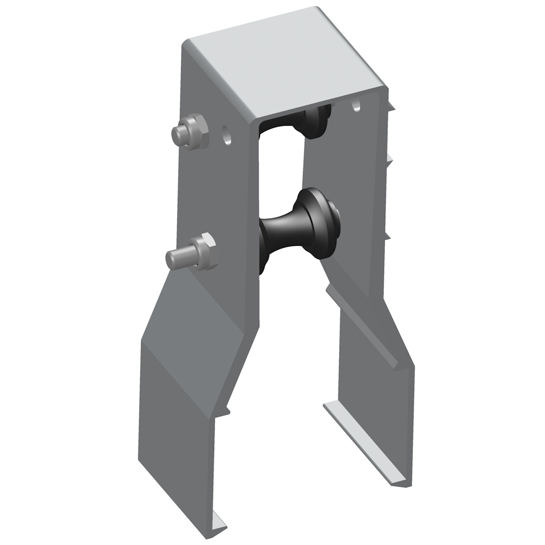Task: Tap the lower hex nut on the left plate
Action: pyautogui.click(x=203, y=252)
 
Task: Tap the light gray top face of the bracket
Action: pyautogui.click(x=283, y=60)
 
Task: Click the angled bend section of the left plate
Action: pyautogui.click(x=196, y=311)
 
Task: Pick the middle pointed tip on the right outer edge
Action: pyautogui.click(x=390, y=159)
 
